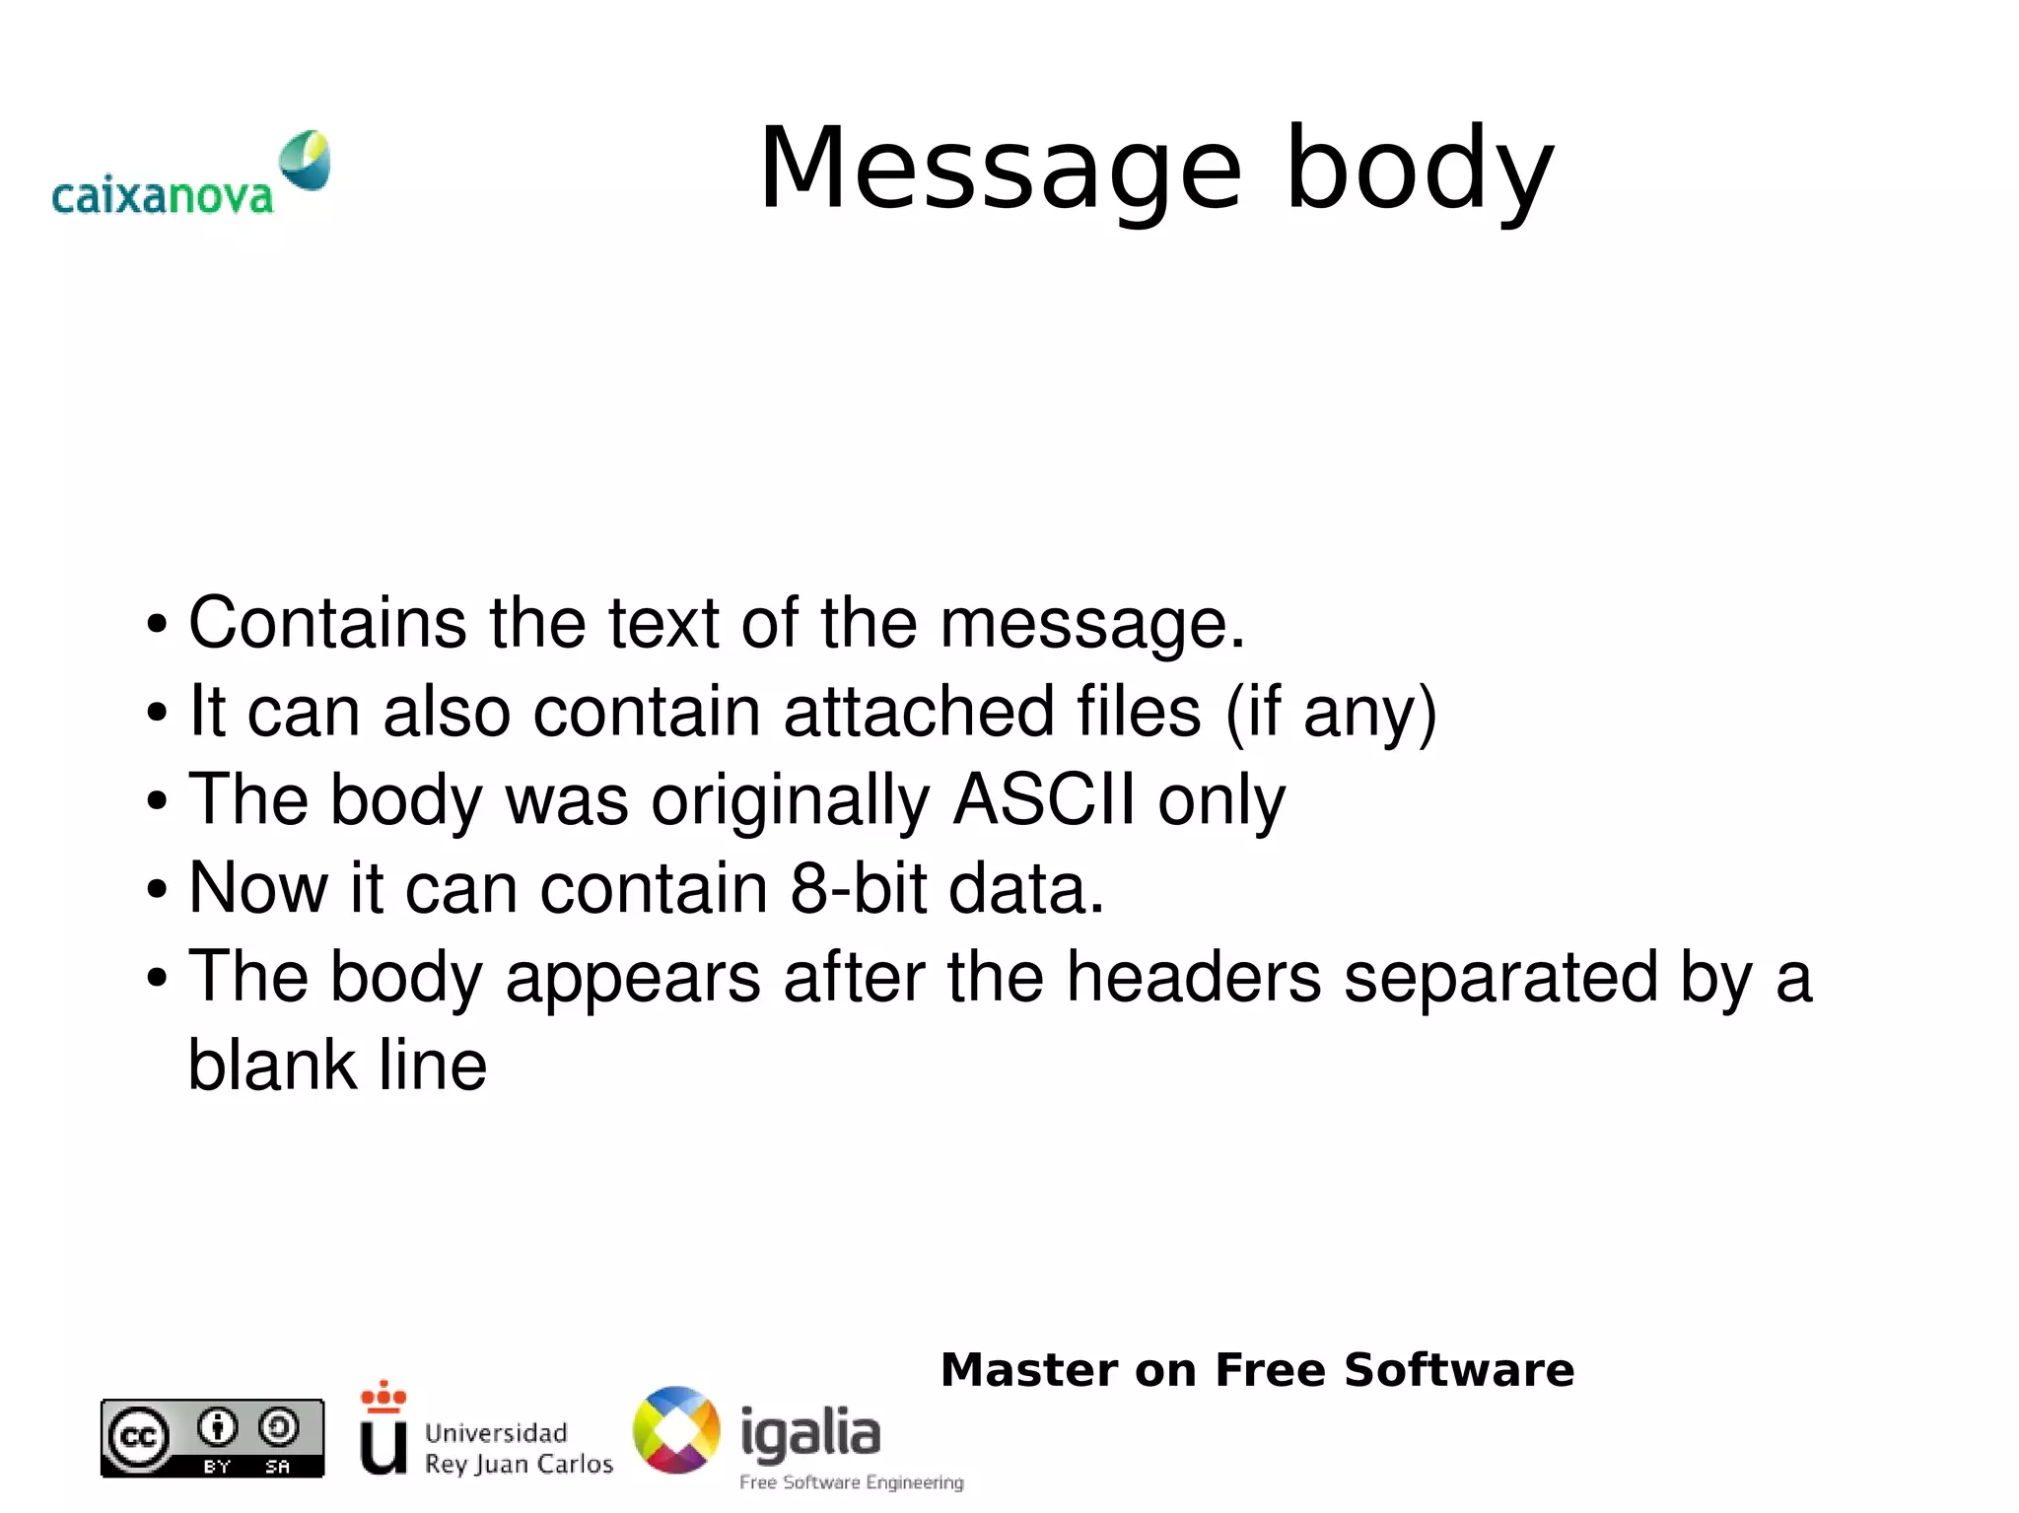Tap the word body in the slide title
1420,170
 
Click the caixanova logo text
162,196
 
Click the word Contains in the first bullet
327,623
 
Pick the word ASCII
1044,799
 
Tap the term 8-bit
858,888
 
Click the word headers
1193,977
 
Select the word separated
1500,977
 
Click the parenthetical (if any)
1331,712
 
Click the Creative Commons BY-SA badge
212,1438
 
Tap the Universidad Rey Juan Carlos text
518,1448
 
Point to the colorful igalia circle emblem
676,1430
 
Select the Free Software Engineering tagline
851,1482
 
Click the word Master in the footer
1030,1370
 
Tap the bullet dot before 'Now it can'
157,889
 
